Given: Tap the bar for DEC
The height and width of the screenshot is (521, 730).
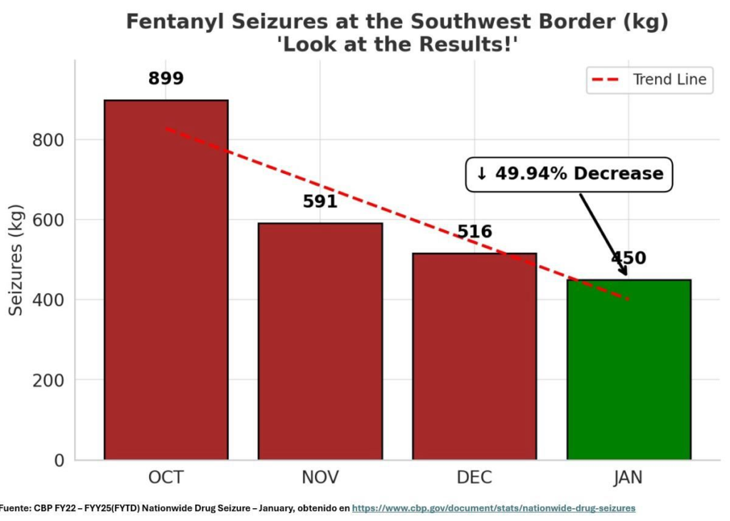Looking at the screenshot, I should coord(474,356).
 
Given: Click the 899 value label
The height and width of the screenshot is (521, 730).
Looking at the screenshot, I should coord(166,78).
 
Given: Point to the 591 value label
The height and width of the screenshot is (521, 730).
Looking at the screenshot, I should coord(320,202).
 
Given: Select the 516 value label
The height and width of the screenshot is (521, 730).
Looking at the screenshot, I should coord(475,232).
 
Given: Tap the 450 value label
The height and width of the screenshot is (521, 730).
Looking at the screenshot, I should coord(628,258).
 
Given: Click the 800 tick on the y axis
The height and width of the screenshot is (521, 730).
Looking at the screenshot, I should coord(48,140).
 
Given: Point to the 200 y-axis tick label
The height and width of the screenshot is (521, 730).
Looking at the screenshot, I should coord(48,380).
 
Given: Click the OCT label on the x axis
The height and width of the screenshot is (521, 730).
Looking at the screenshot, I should coord(165,478).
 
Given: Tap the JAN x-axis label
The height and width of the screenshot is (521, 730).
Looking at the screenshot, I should coord(628,478).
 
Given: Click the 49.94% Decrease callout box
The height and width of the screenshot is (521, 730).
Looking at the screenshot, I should coord(569,174).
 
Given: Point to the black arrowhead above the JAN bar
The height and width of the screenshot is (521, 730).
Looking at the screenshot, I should coord(623,271).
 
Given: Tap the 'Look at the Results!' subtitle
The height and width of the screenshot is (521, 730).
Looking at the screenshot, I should coord(396,44).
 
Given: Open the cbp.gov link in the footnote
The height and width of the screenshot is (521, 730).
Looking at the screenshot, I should coord(493,508).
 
